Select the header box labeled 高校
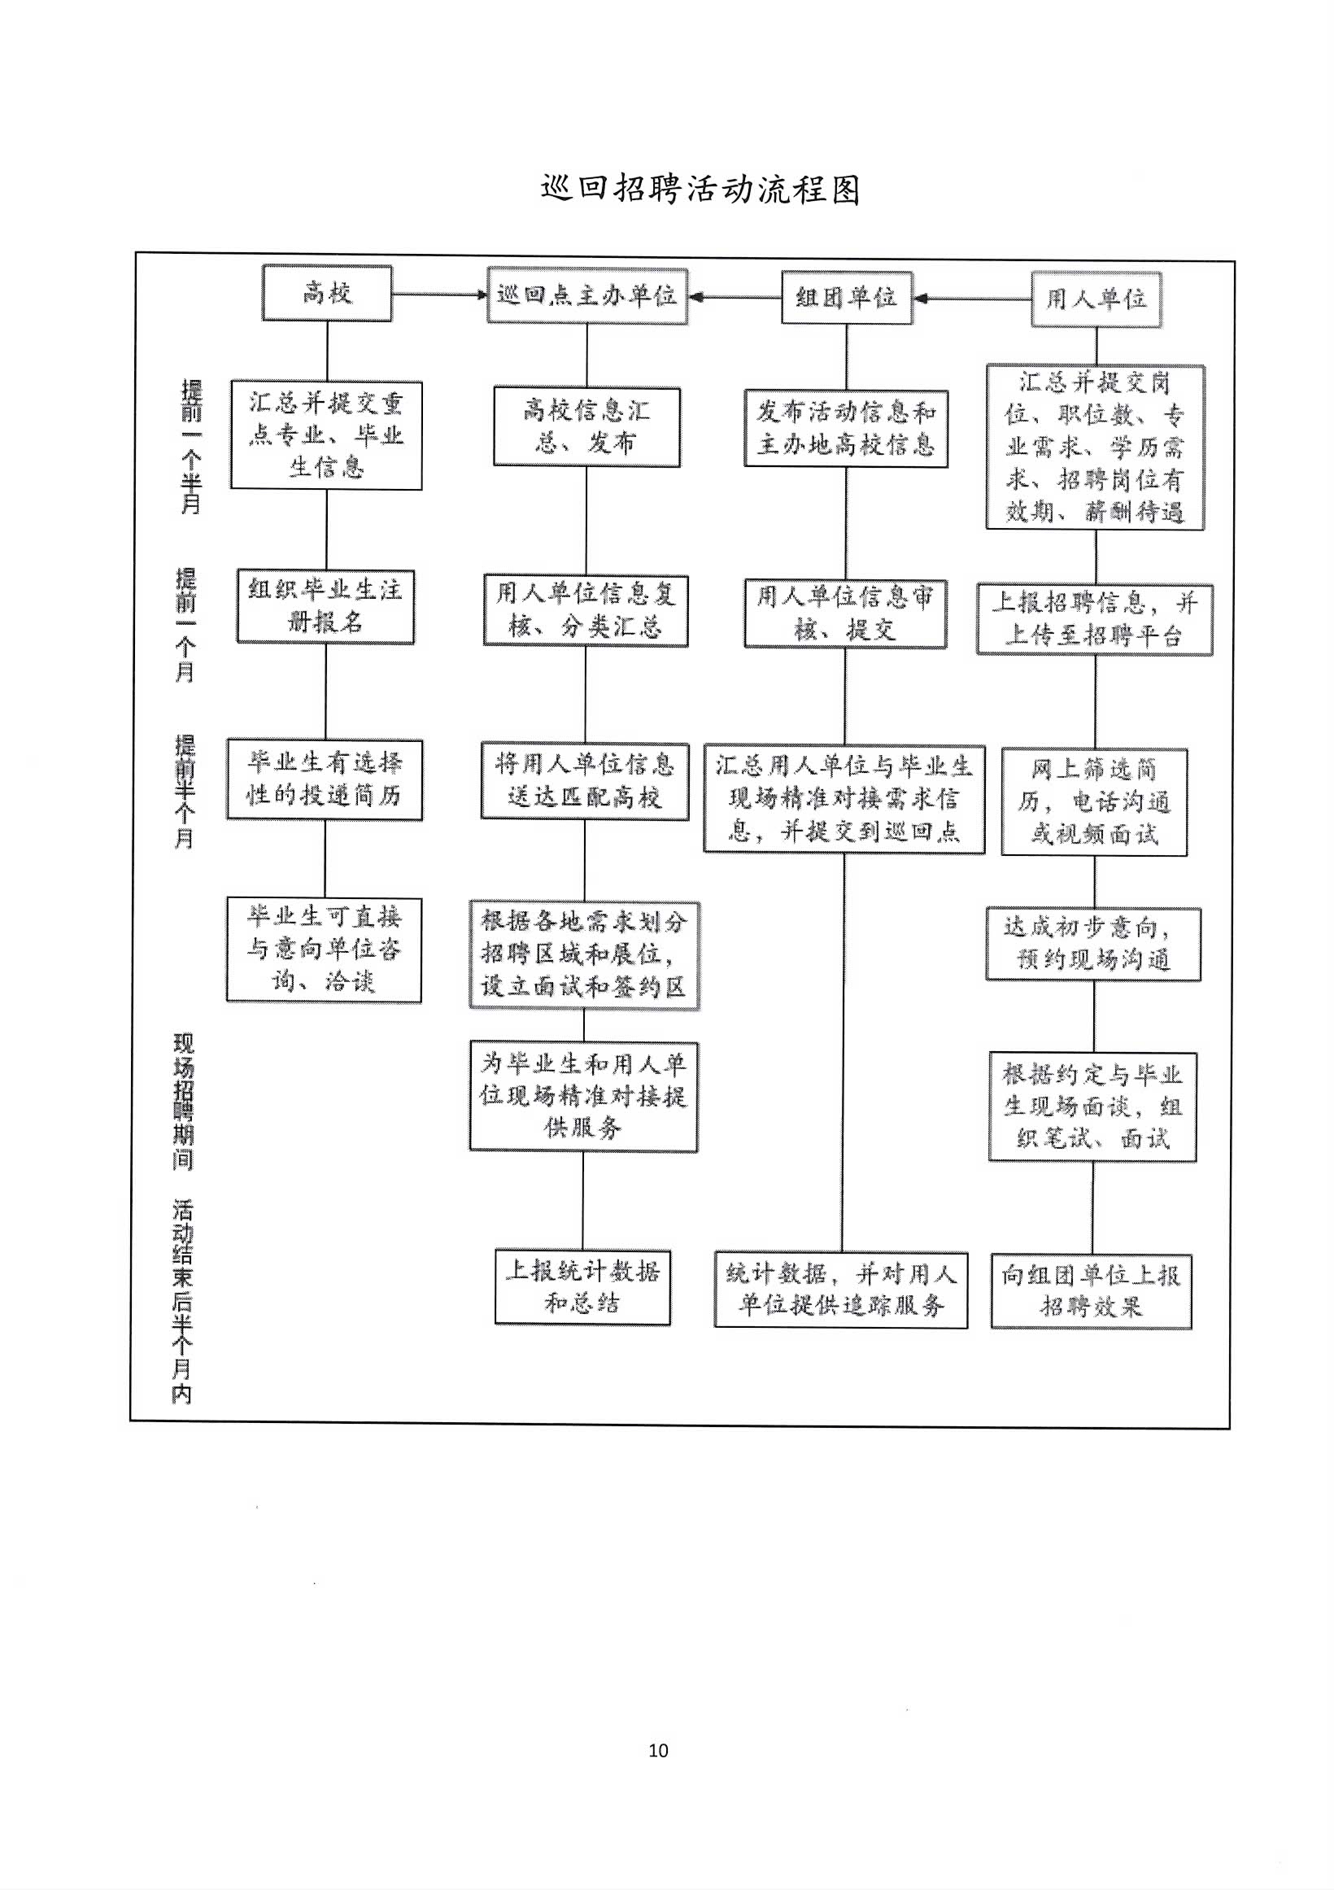pos(327,293)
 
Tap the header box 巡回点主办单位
pos(586,295)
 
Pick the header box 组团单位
pos(847,297)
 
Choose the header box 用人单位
pos(1096,299)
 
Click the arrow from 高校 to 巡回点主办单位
pos(440,294)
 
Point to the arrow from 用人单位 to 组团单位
pos(972,299)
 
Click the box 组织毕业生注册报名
pos(325,607)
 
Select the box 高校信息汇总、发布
pos(586,427)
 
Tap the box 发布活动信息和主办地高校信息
pos(846,429)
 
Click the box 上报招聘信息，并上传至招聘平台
pos(1095,619)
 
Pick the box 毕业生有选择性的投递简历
pos(325,779)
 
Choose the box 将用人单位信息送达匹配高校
pos(584,780)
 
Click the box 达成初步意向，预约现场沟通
pos(1094,944)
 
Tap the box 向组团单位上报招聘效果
pos(1092,1290)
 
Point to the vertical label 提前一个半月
pos(191,447)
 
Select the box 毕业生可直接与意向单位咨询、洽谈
pos(325,950)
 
